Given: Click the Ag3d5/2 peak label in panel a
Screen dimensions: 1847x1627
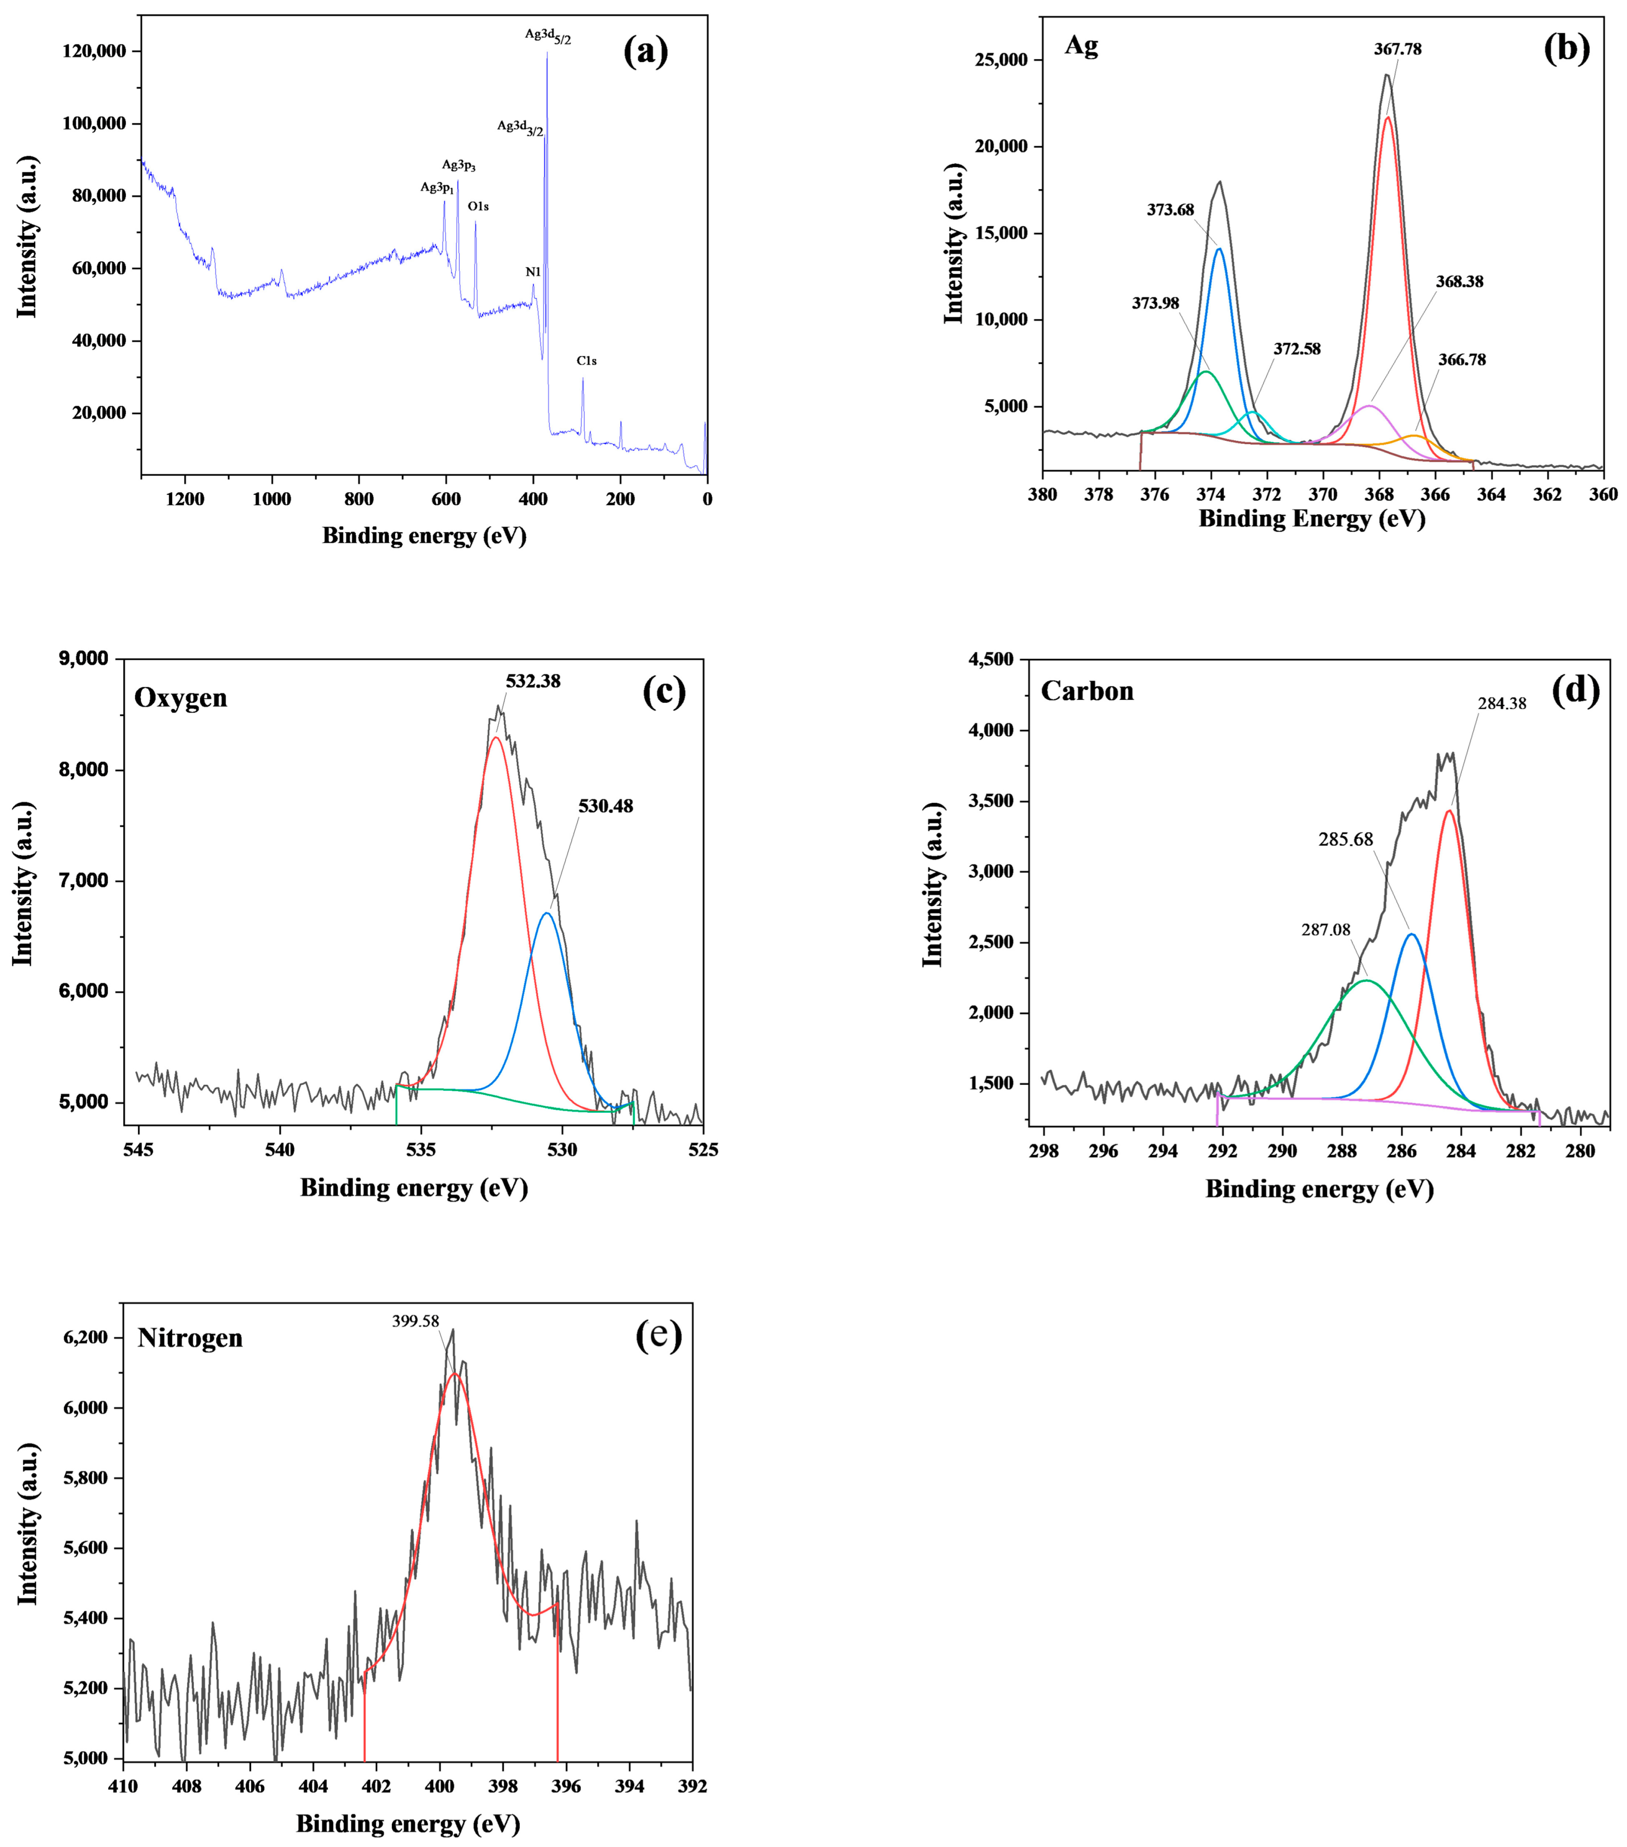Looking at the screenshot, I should tap(548, 36).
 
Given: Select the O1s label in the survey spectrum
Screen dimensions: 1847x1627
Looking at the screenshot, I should tap(478, 206).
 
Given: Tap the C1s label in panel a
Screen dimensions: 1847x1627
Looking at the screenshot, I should tap(587, 361).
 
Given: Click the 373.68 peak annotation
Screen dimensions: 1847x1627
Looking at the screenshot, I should tap(1170, 210).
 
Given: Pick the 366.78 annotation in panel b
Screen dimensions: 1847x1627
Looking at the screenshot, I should tap(1461, 360).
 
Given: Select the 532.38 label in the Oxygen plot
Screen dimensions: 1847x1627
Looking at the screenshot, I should tap(532, 681).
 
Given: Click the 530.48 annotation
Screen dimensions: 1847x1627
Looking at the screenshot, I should tap(605, 806).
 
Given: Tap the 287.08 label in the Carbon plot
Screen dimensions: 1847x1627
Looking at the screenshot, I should tap(1326, 929).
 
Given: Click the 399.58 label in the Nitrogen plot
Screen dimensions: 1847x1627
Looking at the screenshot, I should tap(416, 1321).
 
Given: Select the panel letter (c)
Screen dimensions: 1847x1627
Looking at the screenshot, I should tap(663, 691).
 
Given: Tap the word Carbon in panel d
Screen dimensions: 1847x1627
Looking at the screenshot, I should tap(1088, 691).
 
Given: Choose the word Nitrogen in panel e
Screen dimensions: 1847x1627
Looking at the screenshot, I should tap(190, 1338).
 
